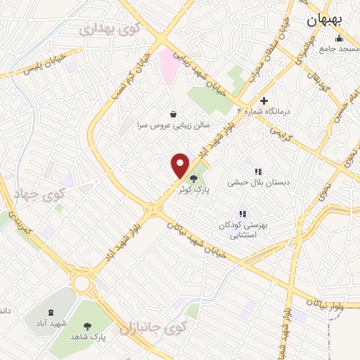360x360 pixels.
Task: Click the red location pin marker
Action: point(181,165)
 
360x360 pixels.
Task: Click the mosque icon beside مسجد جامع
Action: point(340,39)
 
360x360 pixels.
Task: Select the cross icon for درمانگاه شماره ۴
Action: point(264,101)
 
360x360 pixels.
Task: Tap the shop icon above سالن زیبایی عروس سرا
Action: point(174,114)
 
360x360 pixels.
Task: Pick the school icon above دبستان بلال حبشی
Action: point(258,171)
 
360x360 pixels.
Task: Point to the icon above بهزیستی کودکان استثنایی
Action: point(243,214)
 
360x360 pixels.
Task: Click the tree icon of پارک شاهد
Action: point(87,326)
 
